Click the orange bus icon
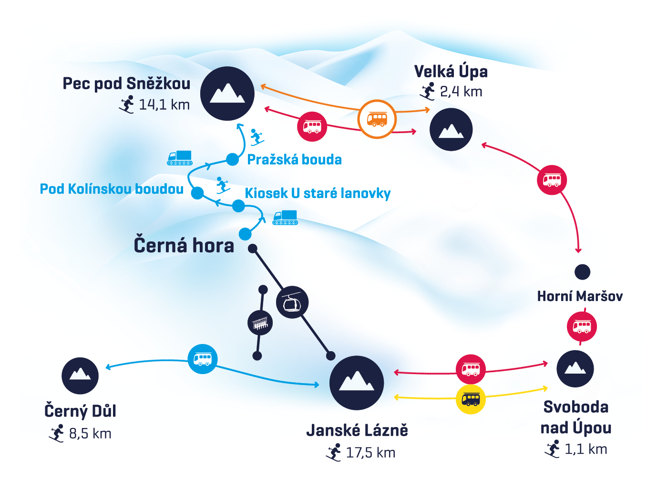pyautogui.click(x=377, y=119)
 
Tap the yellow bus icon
pyautogui.click(x=471, y=399)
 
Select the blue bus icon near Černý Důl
pyautogui.click(x=203, y=359)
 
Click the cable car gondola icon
pyautogui.click(x=292, y=303)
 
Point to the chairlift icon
pyautogui.click(x=260, y=323)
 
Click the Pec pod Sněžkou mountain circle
pyautogui.click(x=227, y=94)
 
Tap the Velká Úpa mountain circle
pyautogui.click(x=451, y=129)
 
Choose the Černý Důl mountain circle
pyautogui.click(x=80, y=376)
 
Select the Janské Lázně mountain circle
pyautogui.click(x=357, y=383)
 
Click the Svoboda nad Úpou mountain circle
pyautogui.click(x=575, y=369)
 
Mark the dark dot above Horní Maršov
pyautogui.click(x=582, y=272)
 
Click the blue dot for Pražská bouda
pyautogui.click(x=232, y=159)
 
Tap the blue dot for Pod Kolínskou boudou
pyautogui.click(x=197, y=193)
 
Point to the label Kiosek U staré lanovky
pyautogui.click(x=318, y=193)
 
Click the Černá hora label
pyautogui.click(x=184, y=245)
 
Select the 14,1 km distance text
pyautogui.click(x=164, y=104)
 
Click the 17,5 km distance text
pyautogui.click(x=370, y=452)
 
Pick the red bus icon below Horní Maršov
pyautogui.click(x=582, y=327)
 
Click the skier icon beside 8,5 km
pyautogui.click(x=57, y=433)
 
